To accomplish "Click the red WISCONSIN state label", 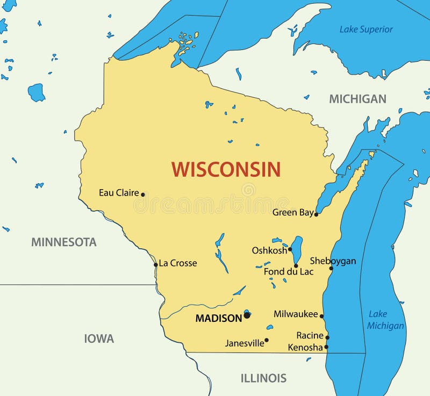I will (226, 169).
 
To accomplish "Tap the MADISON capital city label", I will (218, 318).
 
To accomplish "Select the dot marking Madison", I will (247, 315).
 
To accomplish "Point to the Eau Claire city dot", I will (143, 195).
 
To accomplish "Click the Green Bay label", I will (292, 212).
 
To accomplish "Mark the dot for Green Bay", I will (316, 214).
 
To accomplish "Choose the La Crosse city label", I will (178, 263).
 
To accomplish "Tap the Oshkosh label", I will (269, 250).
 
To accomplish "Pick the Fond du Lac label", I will (288, 272).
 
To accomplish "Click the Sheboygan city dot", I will (331, 268).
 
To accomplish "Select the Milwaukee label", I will (296, 314).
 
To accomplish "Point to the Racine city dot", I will (327, 337).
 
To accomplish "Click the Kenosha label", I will (305, 348).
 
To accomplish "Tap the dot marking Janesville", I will (267, 340).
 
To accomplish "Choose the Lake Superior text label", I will (366, 30).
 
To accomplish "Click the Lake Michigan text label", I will (385, 320).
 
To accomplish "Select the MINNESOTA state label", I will (63, 242).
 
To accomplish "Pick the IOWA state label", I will (99, 339).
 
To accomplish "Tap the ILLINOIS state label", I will (263, 378).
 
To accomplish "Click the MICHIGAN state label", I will (357, 99).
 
